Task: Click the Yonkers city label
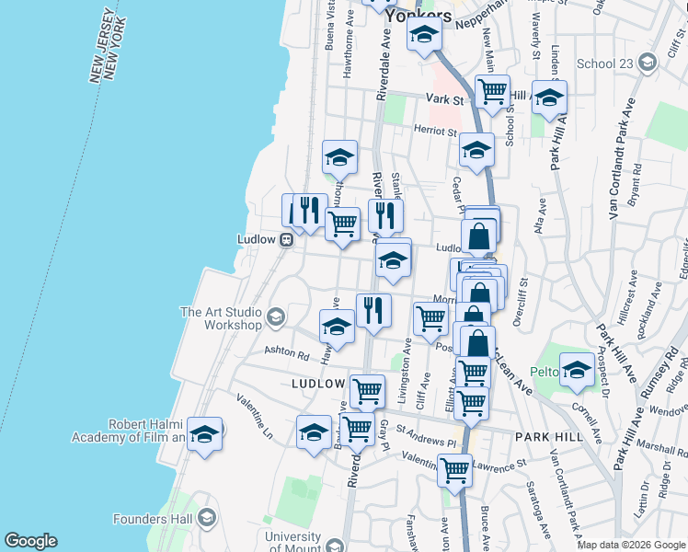click(x=419, y=17)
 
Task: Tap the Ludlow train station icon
click(x=287, y=239)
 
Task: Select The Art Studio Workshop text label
click(x=220, y=318)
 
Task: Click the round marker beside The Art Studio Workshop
click(x=275, y=318)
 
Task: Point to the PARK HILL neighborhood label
click(x=549, y=437)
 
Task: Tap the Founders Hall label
click(x=153, y=519)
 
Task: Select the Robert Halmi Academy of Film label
click(x=129, y=431)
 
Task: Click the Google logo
click(x=30, y=541)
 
